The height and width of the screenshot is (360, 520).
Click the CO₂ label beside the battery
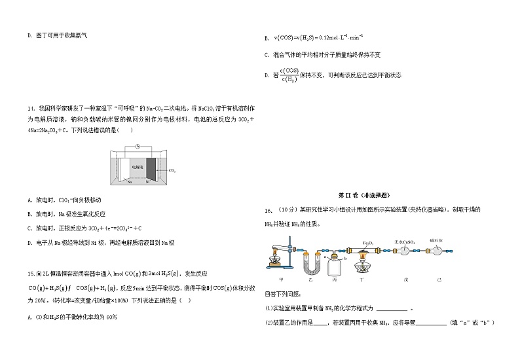tap(172, 170)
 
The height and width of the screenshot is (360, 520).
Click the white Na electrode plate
tap(124, 168)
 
